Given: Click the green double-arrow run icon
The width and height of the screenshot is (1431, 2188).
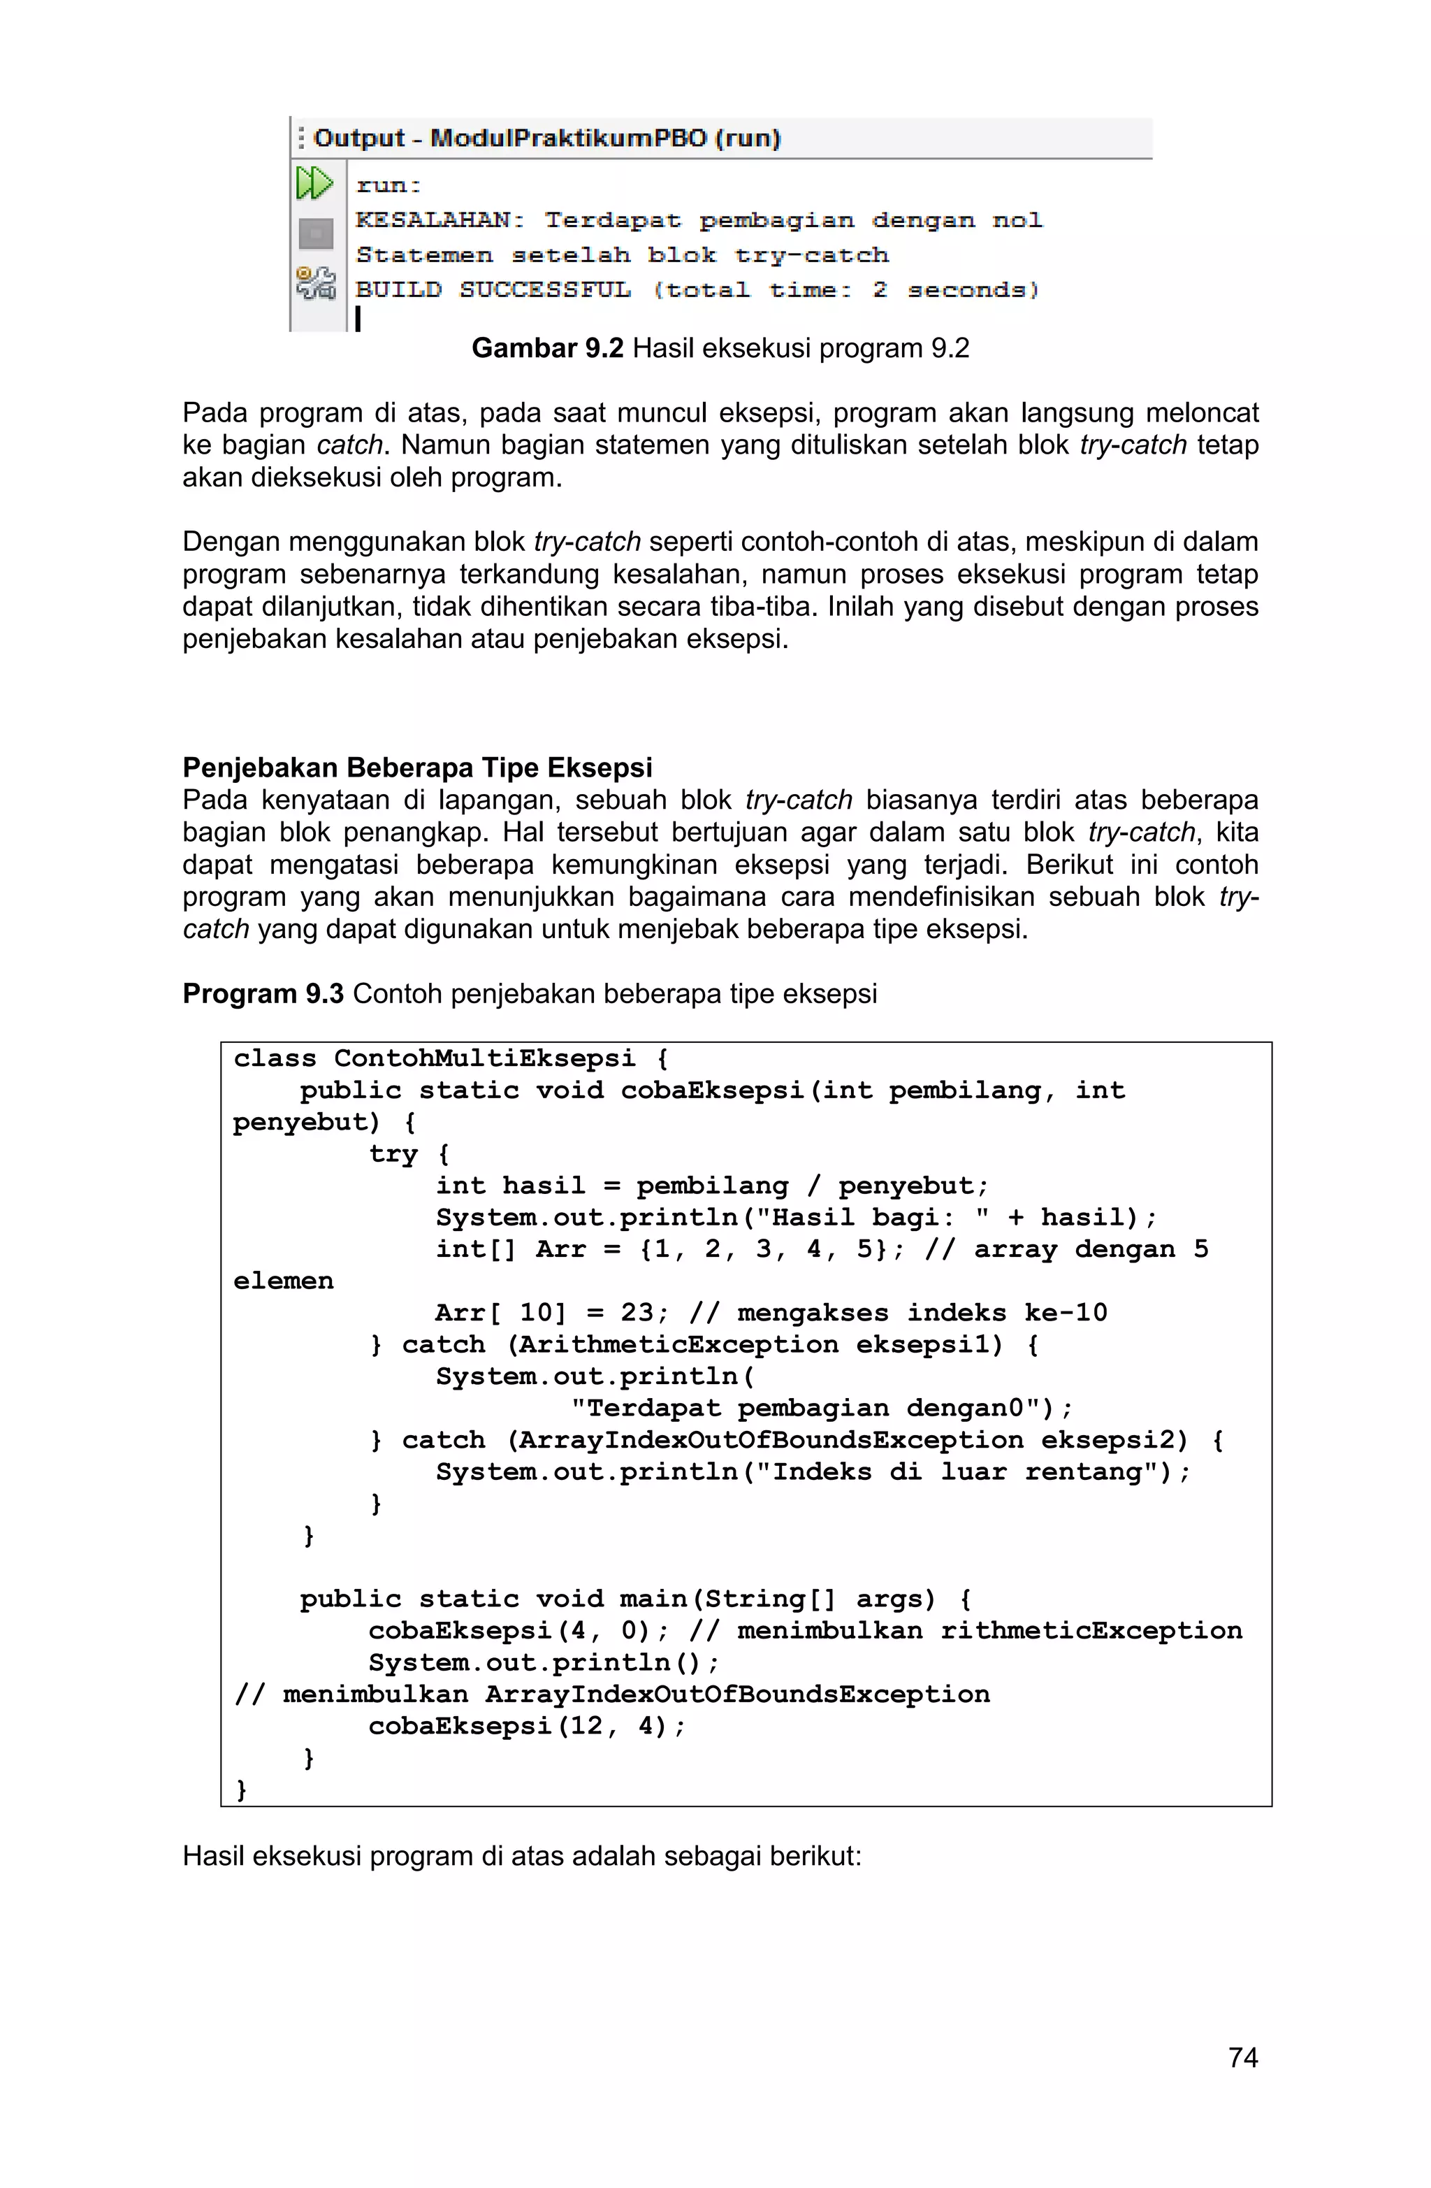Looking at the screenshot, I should tap(314, 183).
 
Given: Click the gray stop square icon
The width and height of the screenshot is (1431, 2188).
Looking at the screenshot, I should tap(315, 233).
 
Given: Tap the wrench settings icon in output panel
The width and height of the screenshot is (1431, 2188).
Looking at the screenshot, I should tap(315, 283).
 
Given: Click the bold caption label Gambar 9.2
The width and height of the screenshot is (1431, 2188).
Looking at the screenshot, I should tap(548, 348).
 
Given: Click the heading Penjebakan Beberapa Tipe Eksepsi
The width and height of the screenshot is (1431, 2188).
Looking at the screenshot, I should tap(417, 768).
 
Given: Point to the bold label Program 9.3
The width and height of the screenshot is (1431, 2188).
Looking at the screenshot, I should tap(263, 994).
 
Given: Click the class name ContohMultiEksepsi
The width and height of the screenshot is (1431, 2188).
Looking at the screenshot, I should tap(484, 1058).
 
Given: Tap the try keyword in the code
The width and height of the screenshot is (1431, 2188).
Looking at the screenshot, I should tap(393, 1153).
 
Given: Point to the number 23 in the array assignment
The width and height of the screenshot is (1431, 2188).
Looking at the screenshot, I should tap(637, 1313).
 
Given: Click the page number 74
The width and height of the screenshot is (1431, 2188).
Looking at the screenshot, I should tap(1242, 2057).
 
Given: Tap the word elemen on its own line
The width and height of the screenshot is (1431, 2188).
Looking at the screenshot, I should tap(283, 1281).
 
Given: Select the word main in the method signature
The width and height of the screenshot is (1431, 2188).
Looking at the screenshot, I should tap(653, 1599).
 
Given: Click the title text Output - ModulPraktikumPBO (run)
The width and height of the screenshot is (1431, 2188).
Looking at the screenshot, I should tap(547, 139).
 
